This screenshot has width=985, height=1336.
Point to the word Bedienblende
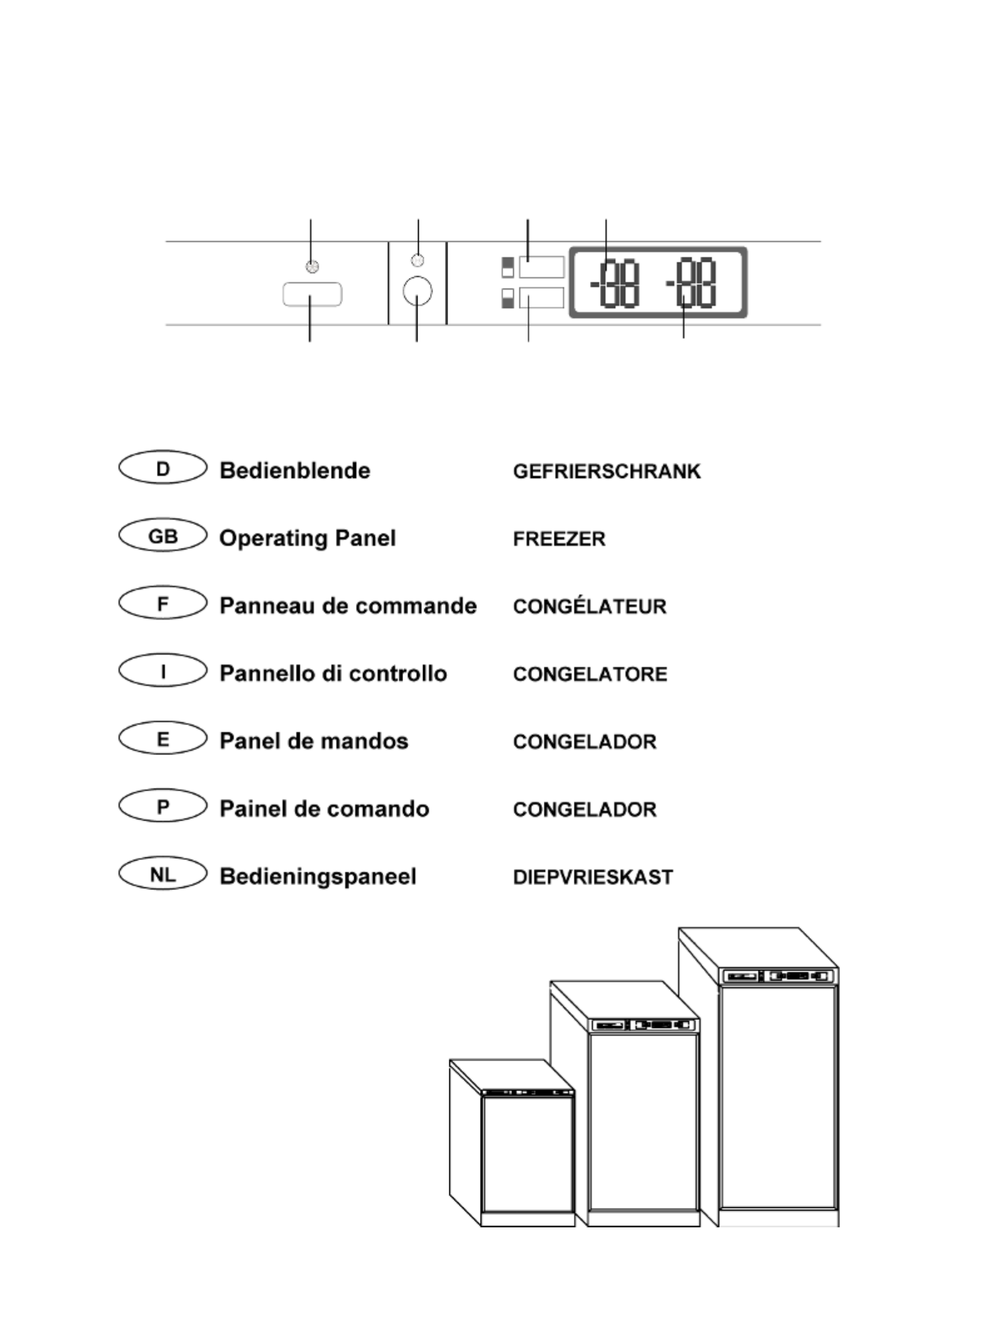tap(295, 470)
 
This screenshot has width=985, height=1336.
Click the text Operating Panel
tap(307, 538)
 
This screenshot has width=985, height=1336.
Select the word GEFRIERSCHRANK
tap(607, 472)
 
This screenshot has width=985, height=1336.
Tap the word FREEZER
tap(559, 539)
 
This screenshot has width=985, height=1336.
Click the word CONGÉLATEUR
tap(590, 606)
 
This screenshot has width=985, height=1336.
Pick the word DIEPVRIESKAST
tap(593, 877)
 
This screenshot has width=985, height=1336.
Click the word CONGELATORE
tap(590, 674)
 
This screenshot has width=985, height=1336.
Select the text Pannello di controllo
tap(333, 673)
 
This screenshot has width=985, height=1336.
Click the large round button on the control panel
tap(417, 291)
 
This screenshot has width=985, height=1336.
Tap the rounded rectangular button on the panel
tap(312, 294)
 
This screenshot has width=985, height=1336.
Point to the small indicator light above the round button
tap(418, 260)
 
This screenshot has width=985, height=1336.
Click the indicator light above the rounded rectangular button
tap(312, 267)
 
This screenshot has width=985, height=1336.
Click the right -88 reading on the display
tap(691, 282)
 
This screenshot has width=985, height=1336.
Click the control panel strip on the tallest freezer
tap(779, 976)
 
